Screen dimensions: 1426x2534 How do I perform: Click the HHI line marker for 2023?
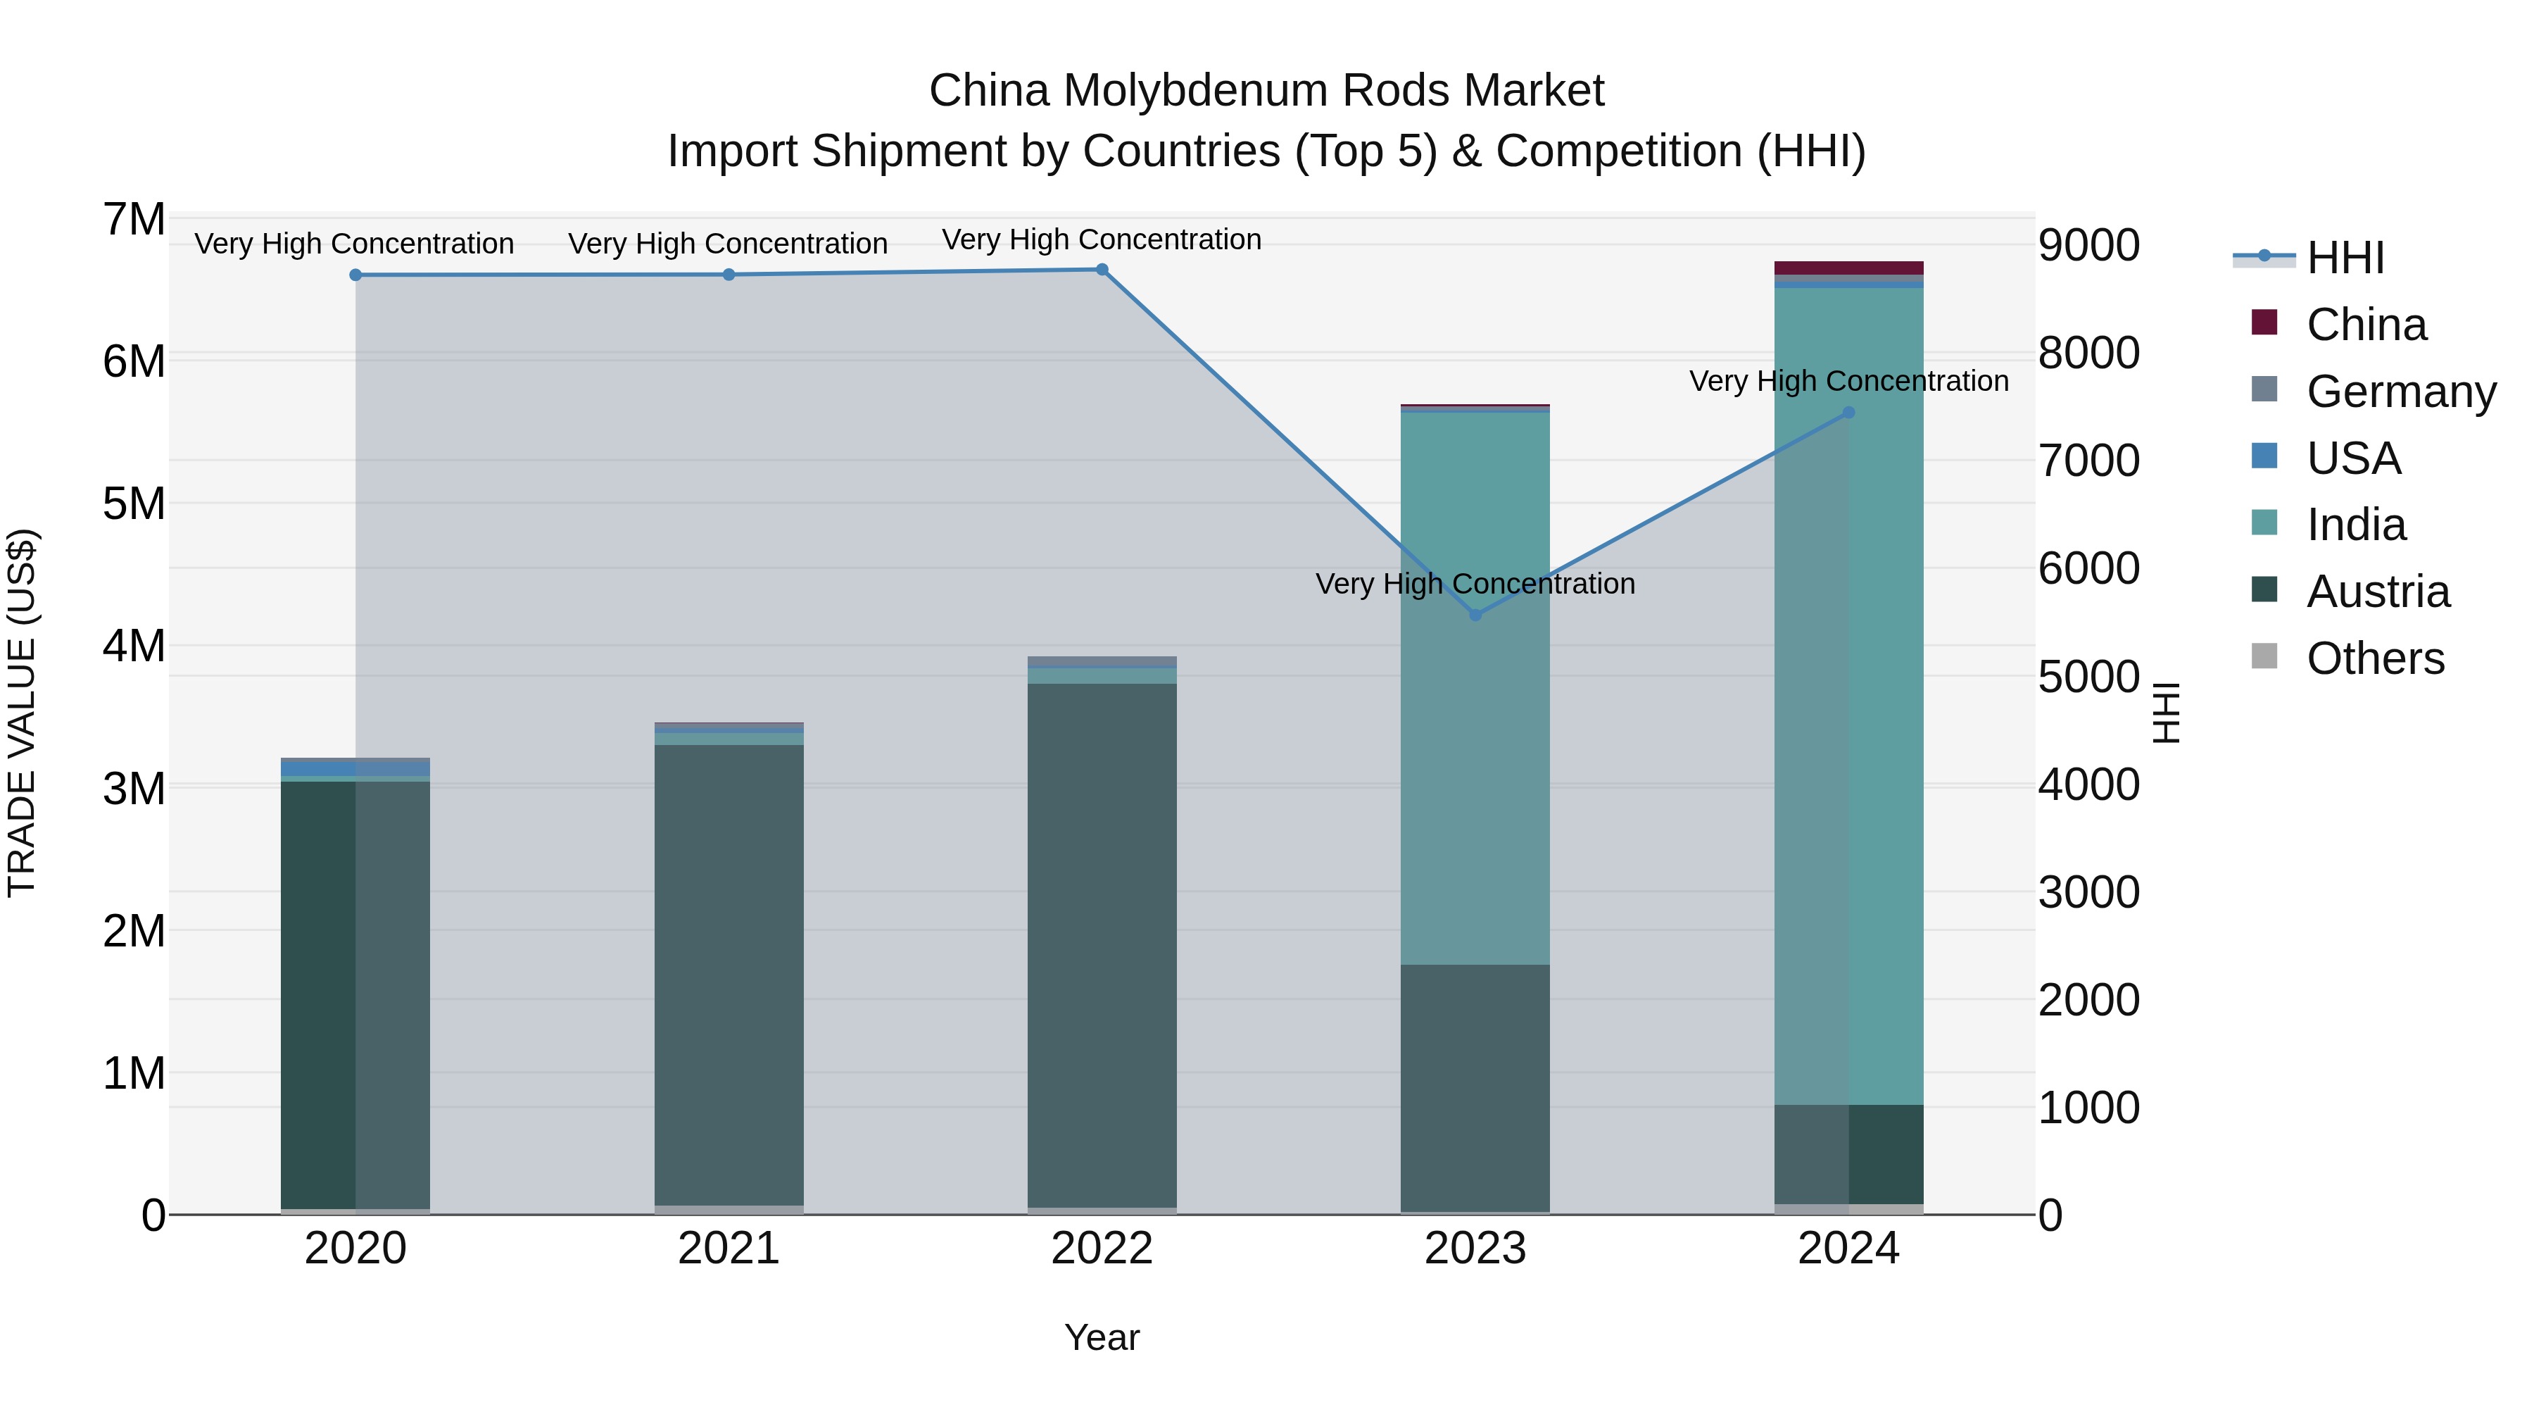coord(1475,615)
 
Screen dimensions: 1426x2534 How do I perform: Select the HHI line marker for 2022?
coord(1102,270)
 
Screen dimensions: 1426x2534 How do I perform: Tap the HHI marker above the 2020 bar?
coord(356,275)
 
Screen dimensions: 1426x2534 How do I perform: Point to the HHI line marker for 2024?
coord(1848,413)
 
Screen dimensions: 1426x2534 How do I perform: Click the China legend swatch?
coord(2264,323)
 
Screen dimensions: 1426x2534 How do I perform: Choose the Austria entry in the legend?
coord(2378,592)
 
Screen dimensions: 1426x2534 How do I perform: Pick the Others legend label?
coord(2375,658)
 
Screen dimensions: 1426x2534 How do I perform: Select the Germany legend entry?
coord(2400,392)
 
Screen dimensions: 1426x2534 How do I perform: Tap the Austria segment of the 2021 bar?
coord(729,975)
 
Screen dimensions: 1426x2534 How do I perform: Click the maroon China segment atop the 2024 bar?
coord(1848,268)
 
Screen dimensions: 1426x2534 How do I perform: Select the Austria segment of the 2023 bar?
coord(1475,1087)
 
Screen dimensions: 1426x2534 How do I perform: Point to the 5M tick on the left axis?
coord(134,504)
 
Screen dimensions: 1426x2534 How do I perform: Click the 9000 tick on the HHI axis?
coord(2088,245)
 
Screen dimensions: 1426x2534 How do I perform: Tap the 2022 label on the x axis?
coord(1102,1249)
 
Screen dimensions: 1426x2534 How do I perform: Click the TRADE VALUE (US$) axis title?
coord(22,713)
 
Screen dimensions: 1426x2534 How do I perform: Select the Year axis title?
coord(1102,1337)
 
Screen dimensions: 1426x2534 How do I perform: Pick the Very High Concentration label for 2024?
coord(1848,381)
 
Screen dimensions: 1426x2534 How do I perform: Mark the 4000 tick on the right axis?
coord(2088,784)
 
